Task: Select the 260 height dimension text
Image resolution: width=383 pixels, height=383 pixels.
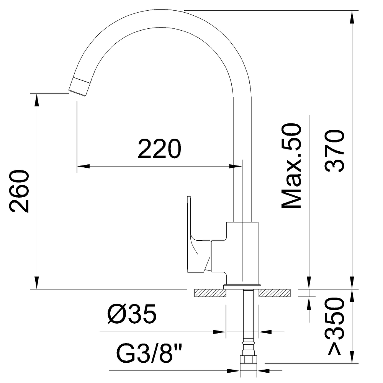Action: (19, 191)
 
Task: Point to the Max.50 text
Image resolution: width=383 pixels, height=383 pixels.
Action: (292, 166)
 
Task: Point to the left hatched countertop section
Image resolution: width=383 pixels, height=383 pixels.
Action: (210, 293)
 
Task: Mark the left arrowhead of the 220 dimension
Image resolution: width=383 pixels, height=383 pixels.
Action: (82, 166)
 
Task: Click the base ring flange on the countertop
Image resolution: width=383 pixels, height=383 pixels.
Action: (242, 286)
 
